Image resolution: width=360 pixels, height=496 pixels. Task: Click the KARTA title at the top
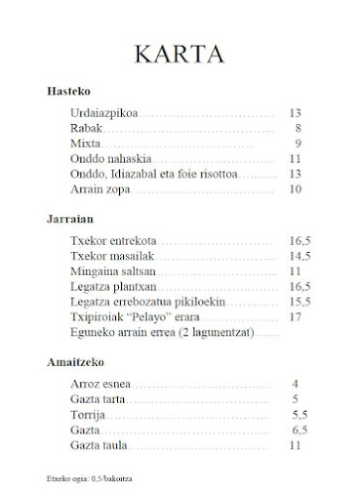click(180, 54)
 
